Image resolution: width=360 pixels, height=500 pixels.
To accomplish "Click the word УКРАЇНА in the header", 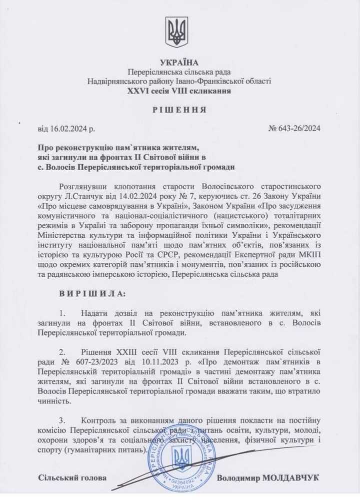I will pos(179,63).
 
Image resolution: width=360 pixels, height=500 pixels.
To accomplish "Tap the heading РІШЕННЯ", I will pos(179,110).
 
